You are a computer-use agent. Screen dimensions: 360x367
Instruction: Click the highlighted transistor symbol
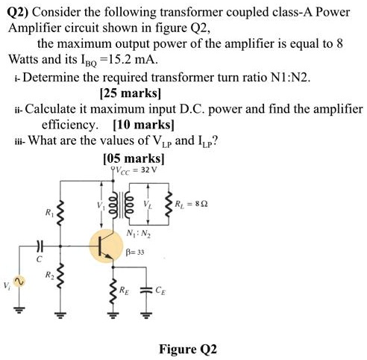105,247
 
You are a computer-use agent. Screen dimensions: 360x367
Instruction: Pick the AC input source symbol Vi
19,283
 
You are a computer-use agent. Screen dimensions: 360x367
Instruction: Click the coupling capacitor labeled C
40,247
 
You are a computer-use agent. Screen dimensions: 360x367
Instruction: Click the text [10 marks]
143,125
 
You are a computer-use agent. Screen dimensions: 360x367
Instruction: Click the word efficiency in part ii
72,125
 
